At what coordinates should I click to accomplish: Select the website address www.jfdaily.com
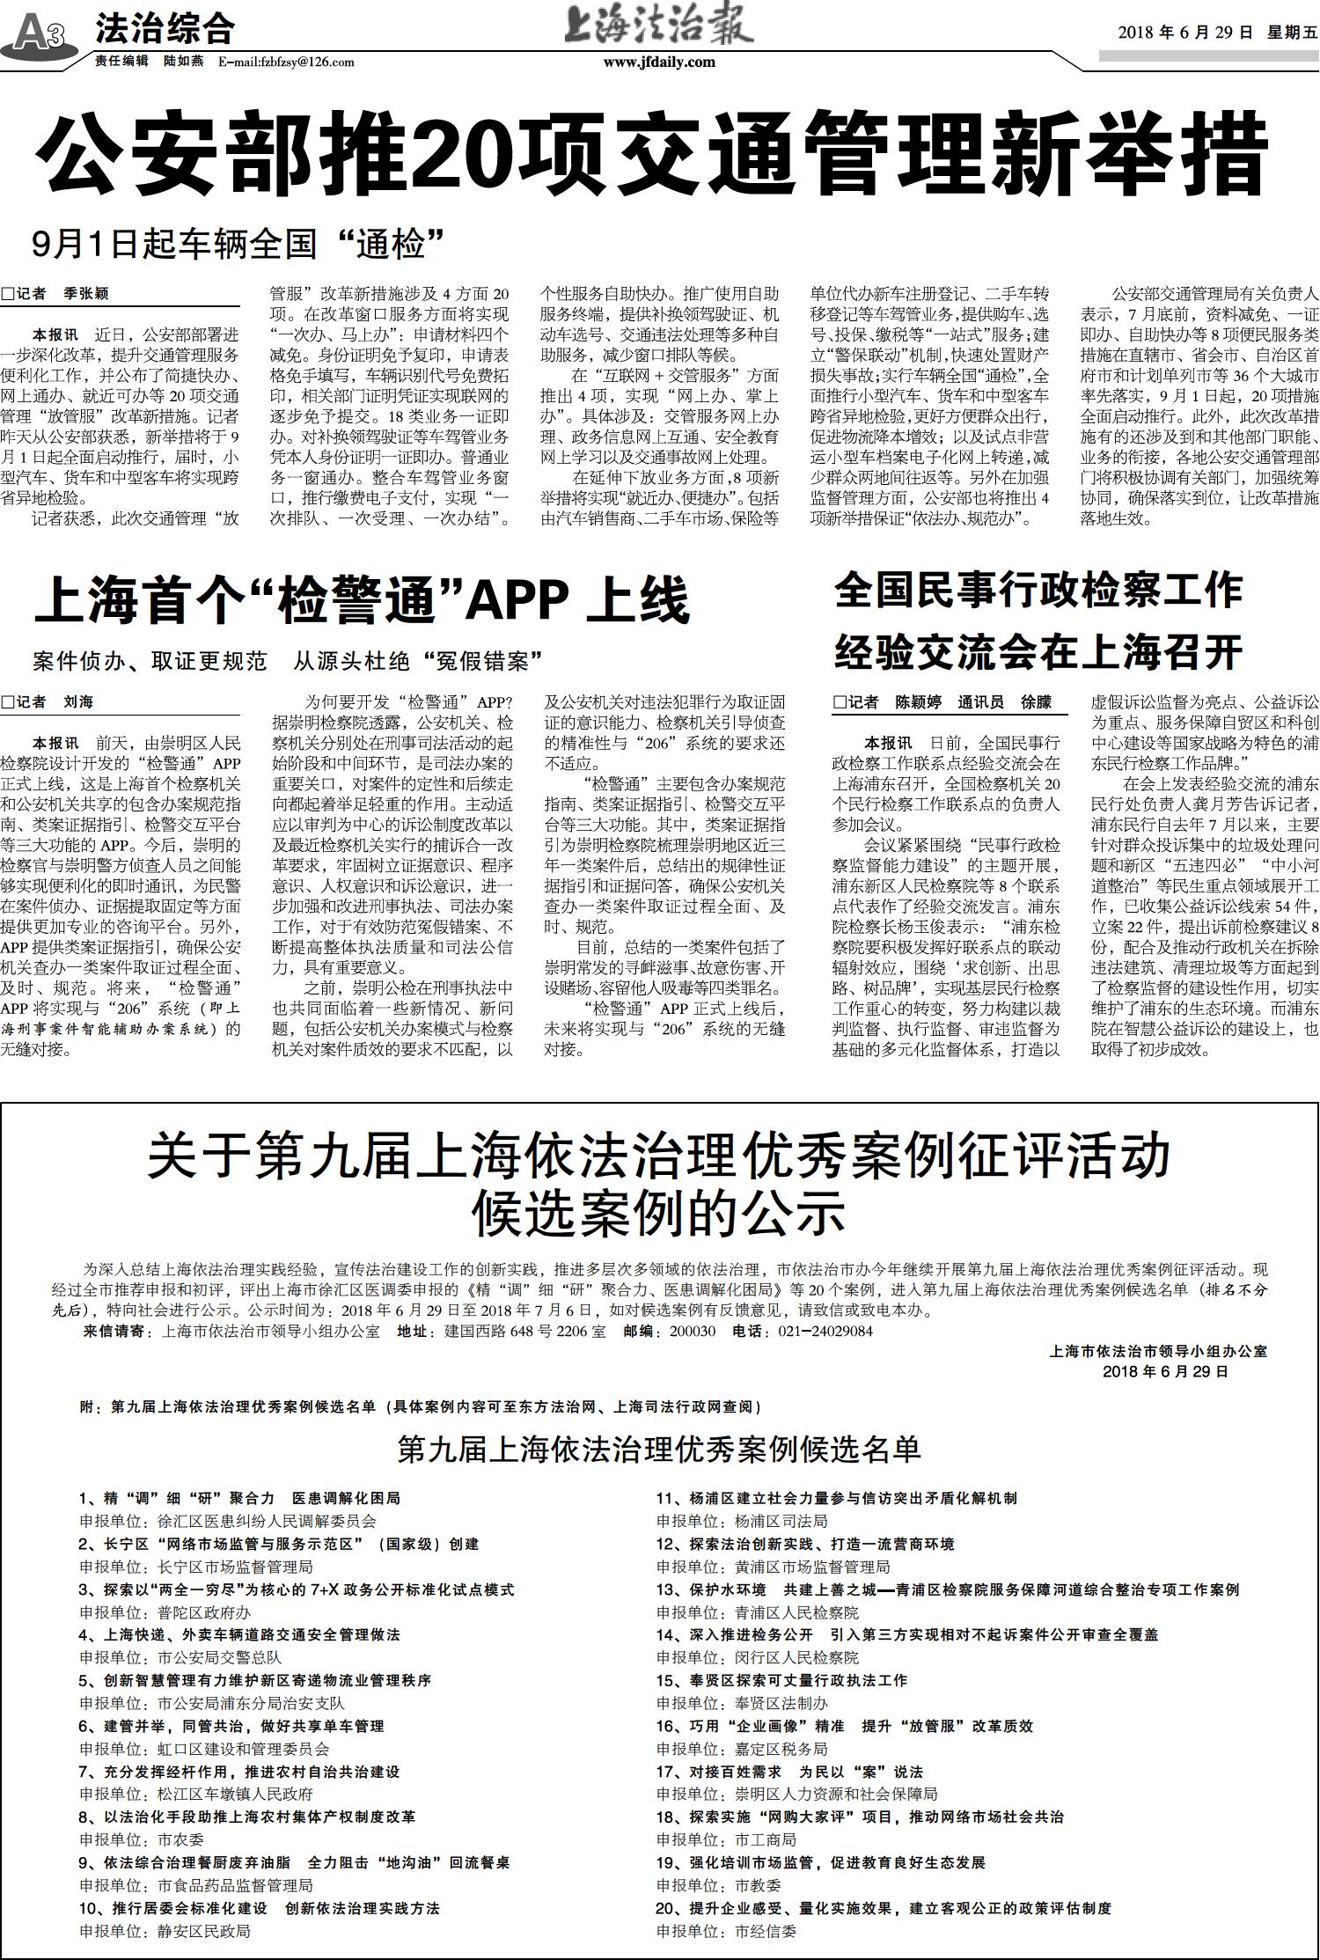pos(659,62)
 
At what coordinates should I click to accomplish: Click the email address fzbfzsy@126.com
pos(287,62)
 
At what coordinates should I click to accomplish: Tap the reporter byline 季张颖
pos(86,294)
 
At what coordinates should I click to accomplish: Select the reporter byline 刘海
pos(77,702)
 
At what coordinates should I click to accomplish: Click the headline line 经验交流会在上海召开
pos(1038,652)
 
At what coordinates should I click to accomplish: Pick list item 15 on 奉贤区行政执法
pos(781,1680)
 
